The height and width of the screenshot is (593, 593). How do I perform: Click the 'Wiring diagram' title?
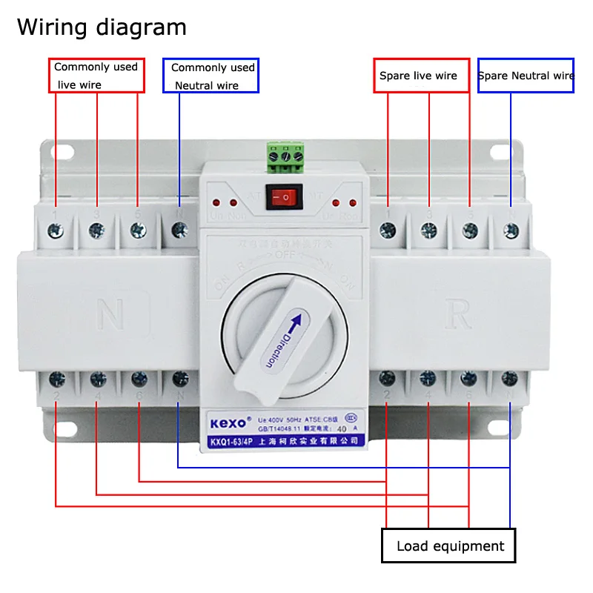102,27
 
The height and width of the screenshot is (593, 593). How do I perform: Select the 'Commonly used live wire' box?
96,75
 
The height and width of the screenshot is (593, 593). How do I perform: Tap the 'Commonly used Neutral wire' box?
211,76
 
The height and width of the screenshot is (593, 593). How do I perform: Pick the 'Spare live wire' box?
421,75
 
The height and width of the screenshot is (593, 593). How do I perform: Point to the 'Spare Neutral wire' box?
526,75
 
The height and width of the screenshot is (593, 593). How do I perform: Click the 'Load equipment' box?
448,546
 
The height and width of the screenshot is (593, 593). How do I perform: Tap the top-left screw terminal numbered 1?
56,231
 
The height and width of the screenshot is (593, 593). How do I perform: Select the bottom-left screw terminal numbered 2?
56,380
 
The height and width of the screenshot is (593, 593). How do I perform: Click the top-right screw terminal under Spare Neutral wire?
510,231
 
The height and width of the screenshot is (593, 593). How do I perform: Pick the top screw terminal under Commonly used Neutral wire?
179,231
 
